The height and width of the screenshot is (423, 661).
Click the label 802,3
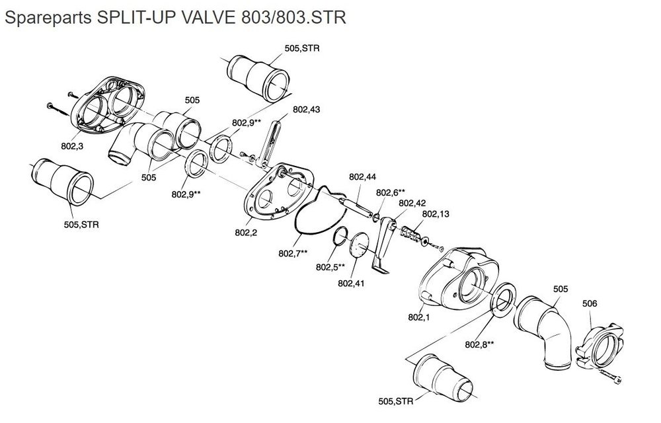pyautogui.click(x=72, y=146)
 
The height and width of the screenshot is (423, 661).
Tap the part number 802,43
pyautogui.click(x=307, y=110)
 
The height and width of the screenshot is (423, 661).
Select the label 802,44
pyautogui.click(x=362, y=177)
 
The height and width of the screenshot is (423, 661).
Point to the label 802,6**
pyautogui.click(x=391, y=192)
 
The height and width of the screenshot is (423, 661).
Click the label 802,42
pyautogui.click(x=412, y=203)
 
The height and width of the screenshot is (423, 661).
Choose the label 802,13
pyautogui.click(x=436, y=214)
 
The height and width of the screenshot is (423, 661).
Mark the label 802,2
pyautogui.click(x=246, y=233)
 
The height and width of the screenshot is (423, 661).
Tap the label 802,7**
pyautogui.click(x=293, y=254)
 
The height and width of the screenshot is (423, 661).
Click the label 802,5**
pyautogui.click(x=330, y=267)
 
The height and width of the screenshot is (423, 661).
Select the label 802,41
pyautogui.click(x=351, y=284)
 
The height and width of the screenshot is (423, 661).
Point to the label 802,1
pyautogui.click(x=418, y=317)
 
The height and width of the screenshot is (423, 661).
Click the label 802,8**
pyautogui.click(x=480, y=344)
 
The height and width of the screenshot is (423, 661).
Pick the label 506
pyautogui.click(x=590, y=303)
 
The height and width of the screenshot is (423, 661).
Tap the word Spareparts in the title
pyautogui.click(x=48, y=18)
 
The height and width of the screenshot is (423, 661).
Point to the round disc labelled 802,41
pyautogui.click(x=359, y=244)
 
